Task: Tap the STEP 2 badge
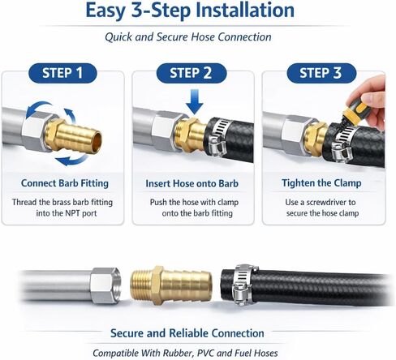pyautogui.click(x=197, y=74)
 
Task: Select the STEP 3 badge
pyautogui.click(x=326, y=74)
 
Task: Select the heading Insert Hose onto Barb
pyautogui.click(x=197, y=183)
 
